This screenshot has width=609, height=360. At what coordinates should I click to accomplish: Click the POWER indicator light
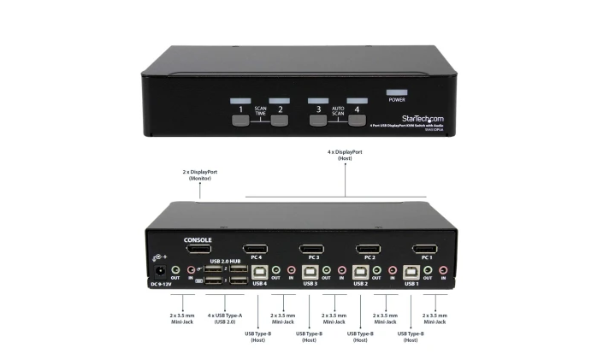397,91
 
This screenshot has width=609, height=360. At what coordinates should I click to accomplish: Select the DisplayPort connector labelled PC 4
256,249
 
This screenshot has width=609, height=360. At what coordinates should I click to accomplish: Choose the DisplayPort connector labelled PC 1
426,249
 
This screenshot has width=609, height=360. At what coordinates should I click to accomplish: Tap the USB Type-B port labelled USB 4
257,272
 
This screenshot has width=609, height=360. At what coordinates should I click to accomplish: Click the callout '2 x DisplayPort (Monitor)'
199,174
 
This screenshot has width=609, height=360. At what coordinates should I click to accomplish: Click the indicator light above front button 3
318,101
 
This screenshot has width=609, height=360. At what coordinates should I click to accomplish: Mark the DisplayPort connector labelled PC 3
311,249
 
